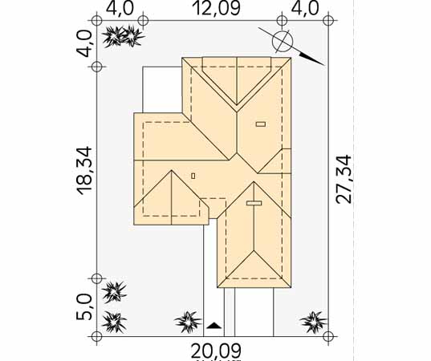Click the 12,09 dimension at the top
point(218,8)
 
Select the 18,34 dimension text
point(84,171)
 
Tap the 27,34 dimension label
point(344,180)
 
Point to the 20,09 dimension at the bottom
point(216,351)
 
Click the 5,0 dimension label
point(84,307)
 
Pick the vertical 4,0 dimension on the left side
point(84,43)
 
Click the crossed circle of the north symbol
point(283,42)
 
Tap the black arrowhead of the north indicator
point(312,59)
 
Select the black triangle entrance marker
point(213,326)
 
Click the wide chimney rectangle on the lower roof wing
point(254,203)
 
